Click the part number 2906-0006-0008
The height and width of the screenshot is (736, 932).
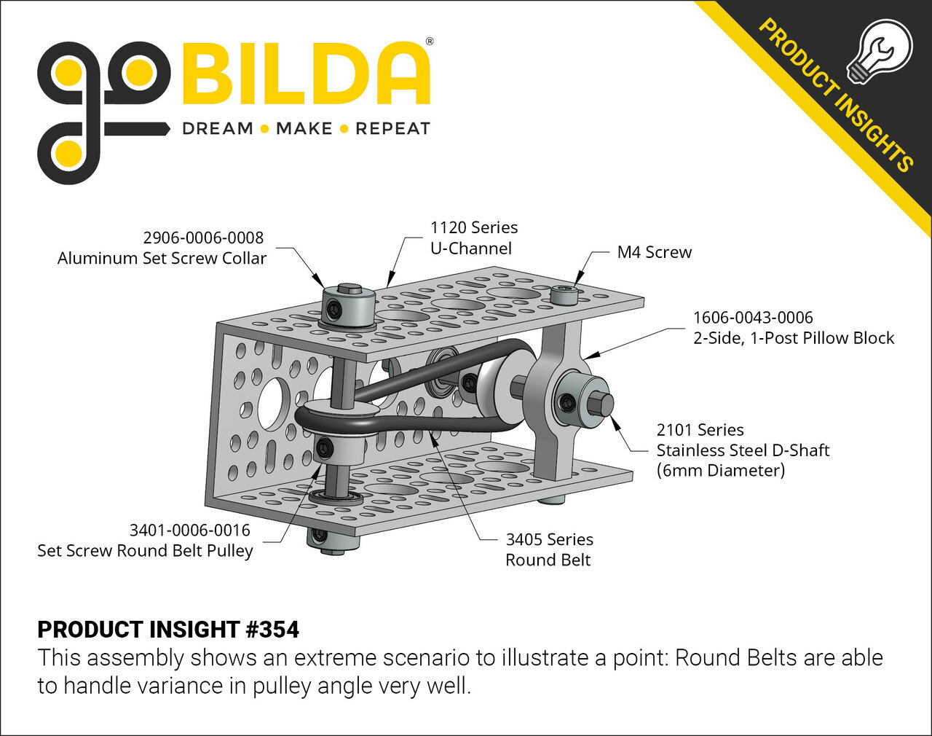[203, 238]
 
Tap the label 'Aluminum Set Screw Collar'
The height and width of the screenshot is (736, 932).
[162, 259]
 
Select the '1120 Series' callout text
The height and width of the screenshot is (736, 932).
[474, 227]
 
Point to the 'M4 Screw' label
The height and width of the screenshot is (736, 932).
[655, 252]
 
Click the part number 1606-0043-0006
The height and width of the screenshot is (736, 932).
[753, 318]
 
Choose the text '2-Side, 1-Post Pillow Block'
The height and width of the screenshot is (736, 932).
[794, 338]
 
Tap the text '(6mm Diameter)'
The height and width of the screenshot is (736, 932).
[721, 470]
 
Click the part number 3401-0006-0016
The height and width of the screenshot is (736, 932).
[190, 530]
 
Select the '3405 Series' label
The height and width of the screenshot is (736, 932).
[550, 540]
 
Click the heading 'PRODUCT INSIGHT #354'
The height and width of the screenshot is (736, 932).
[168, 630]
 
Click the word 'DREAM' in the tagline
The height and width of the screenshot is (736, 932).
[218, 129]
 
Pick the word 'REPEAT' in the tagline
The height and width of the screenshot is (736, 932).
[392, 129]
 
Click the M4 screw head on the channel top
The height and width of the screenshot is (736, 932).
[564, 294]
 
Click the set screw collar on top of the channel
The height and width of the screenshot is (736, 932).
[348, 306]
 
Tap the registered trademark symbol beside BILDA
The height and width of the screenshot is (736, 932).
[429, 42]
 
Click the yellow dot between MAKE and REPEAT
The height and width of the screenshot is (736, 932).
[344, 129]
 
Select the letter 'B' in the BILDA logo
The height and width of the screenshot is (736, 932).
[208, 74]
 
